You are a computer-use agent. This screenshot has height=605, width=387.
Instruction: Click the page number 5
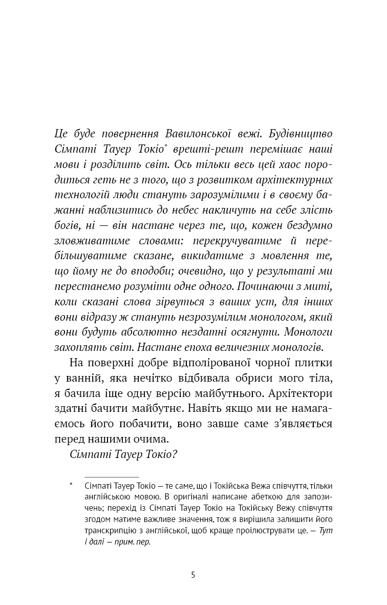coord(193,575)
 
